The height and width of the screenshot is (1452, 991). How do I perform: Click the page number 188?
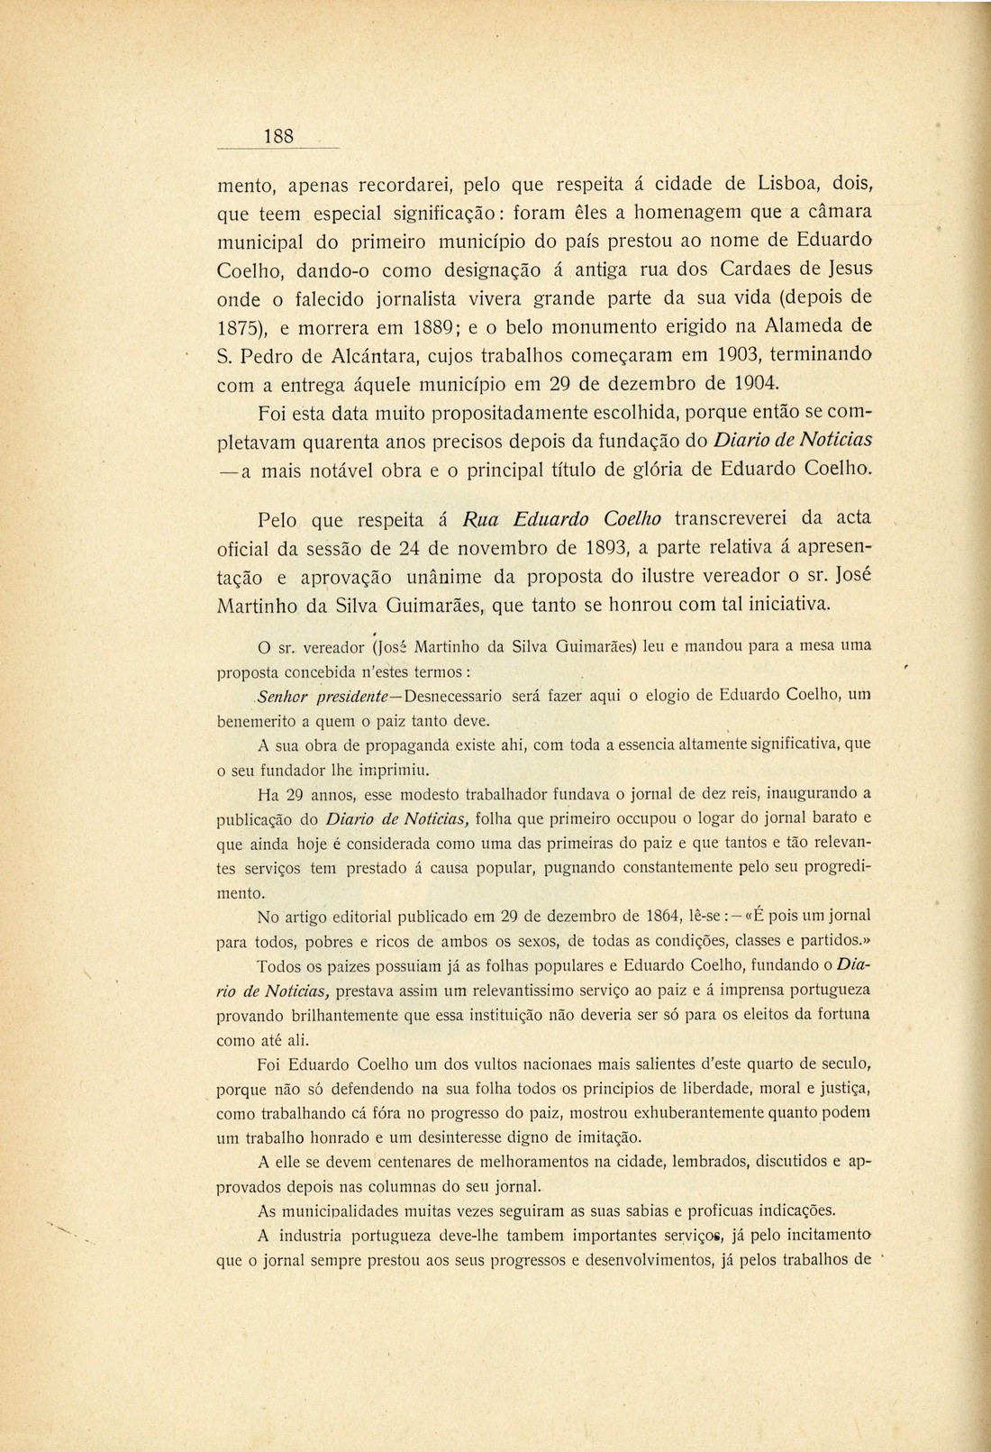click(278, 136)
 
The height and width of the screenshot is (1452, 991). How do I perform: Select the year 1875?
click(237, 326)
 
